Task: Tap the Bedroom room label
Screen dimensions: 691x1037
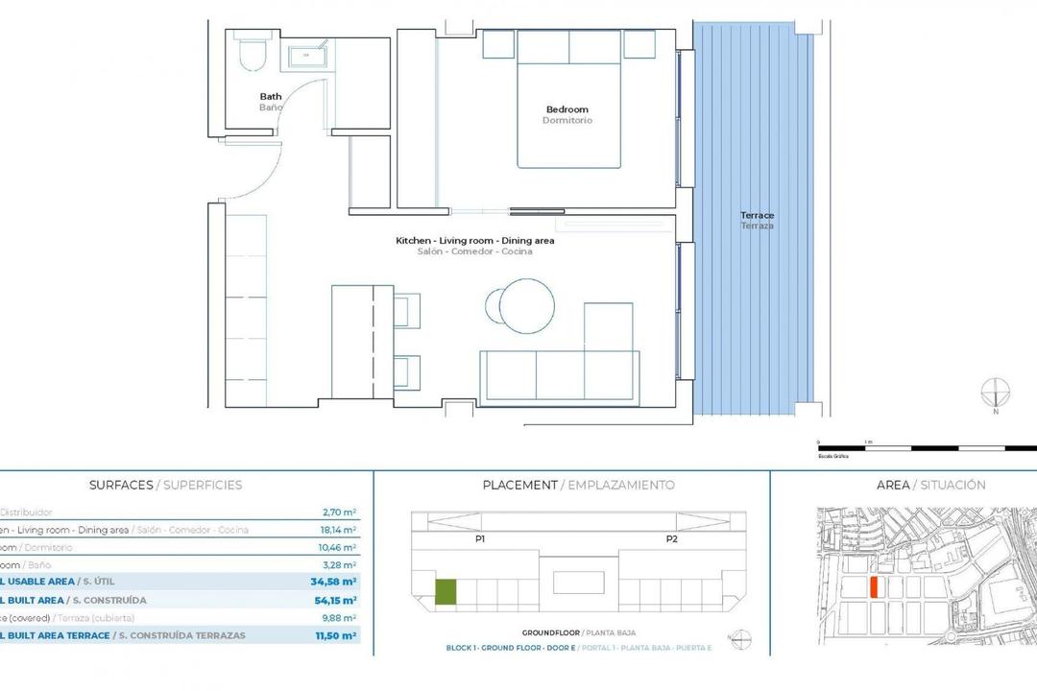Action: [x=567, y=109]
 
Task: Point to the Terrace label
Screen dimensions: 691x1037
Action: [x=757, y=216]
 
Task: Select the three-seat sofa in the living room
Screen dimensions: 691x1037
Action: [x=559, y=374]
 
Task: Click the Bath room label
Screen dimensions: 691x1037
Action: [x=271, y=96]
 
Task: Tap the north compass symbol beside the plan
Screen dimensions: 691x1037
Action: [x=996, y=393]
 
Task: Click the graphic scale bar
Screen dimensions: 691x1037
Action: [x=927, y=447]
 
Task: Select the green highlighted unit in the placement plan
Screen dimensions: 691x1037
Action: [x=446, y=592]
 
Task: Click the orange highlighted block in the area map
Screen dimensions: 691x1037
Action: [x=874, y=587]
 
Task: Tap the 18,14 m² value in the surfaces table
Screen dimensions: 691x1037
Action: [x=339, y=530]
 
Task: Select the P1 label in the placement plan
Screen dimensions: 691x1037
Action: [x=479, y=539]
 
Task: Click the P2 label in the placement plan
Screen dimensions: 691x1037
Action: [x=671, y=539]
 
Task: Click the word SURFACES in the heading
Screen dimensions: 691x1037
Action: [x=120, y=486]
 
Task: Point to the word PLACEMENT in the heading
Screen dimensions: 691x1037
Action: [x=519, y=486]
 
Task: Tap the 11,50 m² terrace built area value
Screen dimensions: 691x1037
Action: [x=336, y=635]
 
